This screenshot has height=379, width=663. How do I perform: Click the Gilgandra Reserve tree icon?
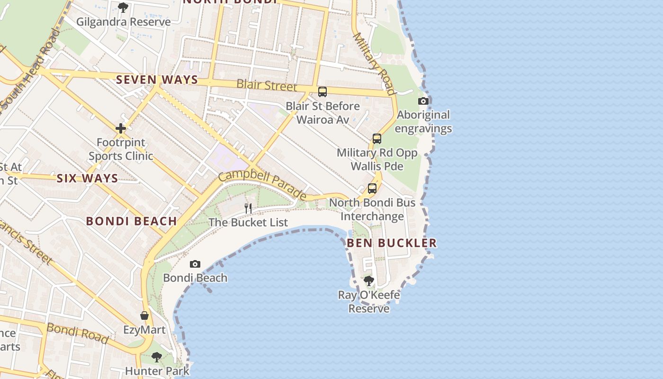click(x=123, y=8)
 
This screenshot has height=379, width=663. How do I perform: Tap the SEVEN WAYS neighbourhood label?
click(x=157, y=80)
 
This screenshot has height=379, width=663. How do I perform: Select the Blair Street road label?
click(x=267, y=85)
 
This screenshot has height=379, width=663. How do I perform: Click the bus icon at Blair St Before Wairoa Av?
click(x=323, y=92)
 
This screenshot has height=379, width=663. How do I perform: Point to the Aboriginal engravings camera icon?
click(x=423, y=101)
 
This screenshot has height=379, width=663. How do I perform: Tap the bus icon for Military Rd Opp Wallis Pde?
click(x=377, y=139)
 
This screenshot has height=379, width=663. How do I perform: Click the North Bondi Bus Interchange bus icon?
click(x=372, y=189)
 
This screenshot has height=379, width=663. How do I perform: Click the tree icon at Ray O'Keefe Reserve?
click(x=369, y=281)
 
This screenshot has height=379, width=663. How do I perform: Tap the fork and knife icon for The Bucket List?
click(x=248, y=208)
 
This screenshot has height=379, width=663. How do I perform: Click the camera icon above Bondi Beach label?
click(x=195, y=264)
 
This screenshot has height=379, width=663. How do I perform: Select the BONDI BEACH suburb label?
click(x=132, y=221)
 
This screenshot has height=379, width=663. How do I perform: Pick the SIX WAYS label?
click(x=87, y=179)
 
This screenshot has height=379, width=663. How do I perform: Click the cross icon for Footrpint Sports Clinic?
click(x=121, y=128)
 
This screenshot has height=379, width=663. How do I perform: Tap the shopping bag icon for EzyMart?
click(x=144, y=316)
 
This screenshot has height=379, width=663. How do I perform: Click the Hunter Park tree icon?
click(x=157, y=357)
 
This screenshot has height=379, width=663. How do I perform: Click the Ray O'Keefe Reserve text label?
click(x=369, y=302)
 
